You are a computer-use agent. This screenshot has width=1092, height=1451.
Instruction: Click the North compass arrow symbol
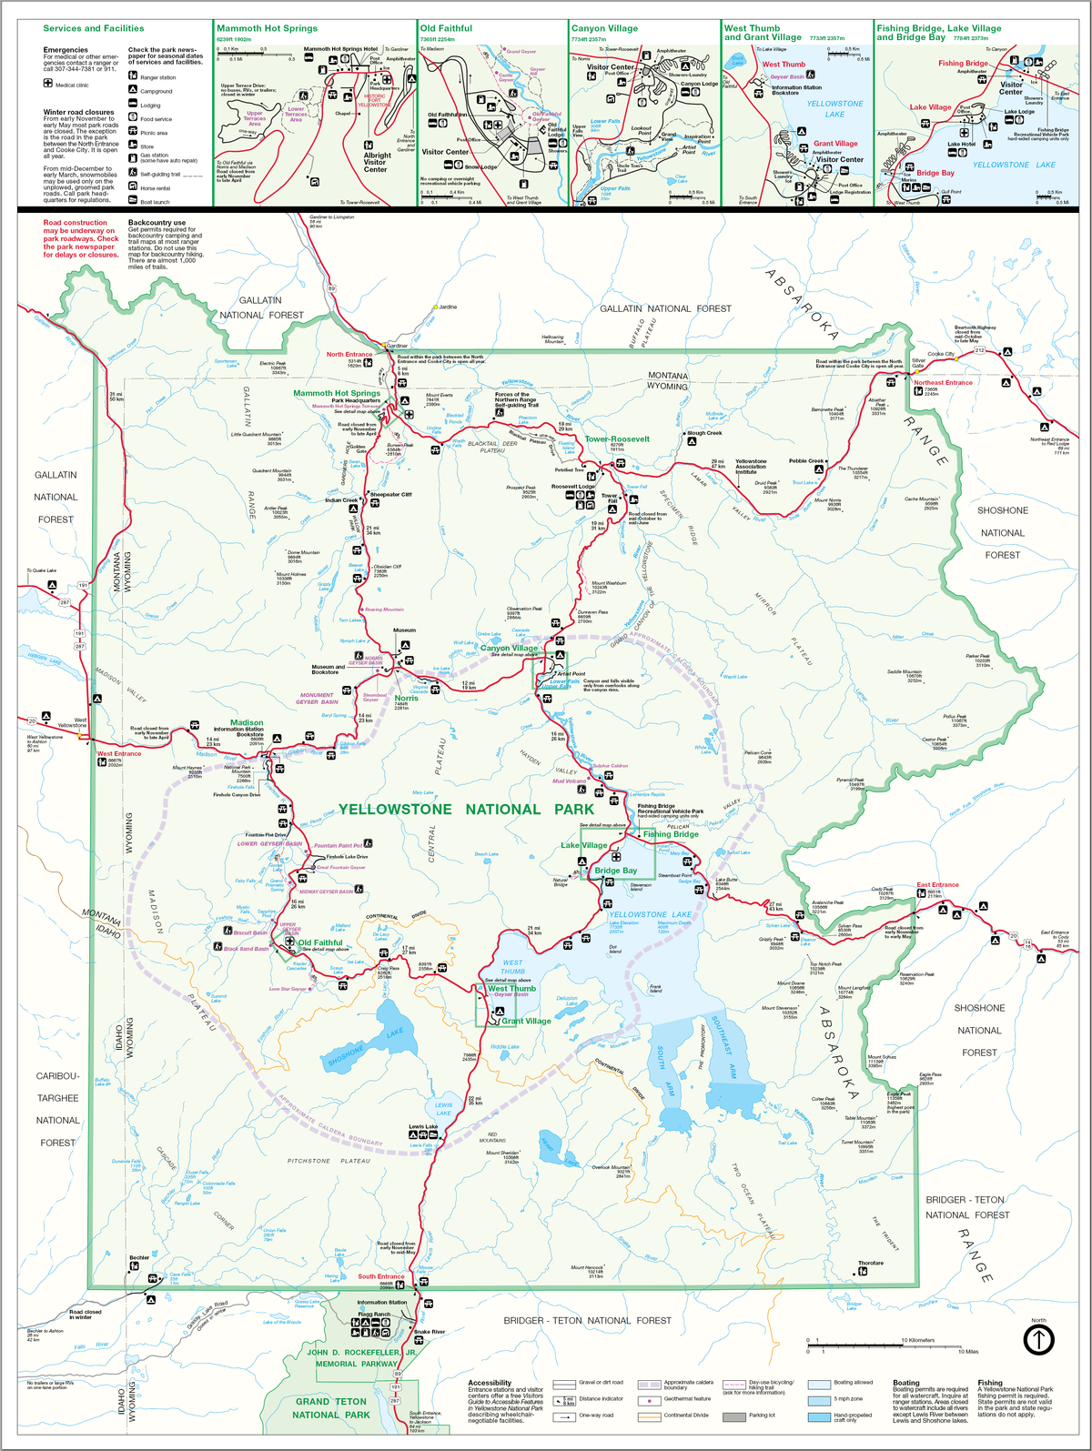click(1038, 1339)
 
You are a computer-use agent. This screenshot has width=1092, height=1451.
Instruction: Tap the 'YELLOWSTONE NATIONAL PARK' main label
click(466, 809)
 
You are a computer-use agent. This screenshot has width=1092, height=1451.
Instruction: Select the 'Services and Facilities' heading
click(93, 28)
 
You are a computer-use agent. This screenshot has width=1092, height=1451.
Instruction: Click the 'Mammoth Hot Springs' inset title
click(267, 28)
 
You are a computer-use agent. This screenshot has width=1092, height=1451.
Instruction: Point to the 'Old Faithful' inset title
click(446, 28)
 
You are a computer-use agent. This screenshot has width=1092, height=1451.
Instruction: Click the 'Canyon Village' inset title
click(604, 28)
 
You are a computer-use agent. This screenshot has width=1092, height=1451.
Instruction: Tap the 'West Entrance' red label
click(119, 753)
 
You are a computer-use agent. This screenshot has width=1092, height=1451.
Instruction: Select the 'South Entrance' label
click(380, 1276)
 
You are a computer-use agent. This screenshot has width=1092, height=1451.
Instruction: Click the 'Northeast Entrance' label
click(943, 383)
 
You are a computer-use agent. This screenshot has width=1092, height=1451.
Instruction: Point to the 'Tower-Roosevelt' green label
click(617, 438)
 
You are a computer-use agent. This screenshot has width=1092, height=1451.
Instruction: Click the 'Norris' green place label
click(406, 698)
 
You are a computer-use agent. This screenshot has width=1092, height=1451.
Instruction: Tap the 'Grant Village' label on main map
click(526, 1021)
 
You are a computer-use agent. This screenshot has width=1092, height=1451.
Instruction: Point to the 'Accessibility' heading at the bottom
click(490, 1383)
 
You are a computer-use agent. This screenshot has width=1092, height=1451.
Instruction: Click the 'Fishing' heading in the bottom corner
click(990, 1383)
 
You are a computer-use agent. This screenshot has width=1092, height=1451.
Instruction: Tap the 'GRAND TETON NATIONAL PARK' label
click(331, 1408)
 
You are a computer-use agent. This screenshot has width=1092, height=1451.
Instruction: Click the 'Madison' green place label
click(247, 722)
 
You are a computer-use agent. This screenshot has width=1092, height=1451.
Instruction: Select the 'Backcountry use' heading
click(157, 223)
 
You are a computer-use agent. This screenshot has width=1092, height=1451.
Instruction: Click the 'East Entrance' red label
click(937, 884)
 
